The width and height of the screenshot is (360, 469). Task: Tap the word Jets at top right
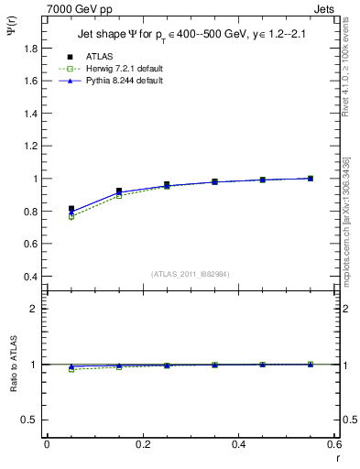click(x=326, y=7)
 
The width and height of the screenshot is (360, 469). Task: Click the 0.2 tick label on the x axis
click(x=142, y=444)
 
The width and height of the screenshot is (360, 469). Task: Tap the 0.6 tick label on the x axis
click(x=333, y=444)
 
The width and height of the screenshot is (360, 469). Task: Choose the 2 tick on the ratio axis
click(x=38, y=309)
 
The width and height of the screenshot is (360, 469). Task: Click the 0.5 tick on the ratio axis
click(x=34, y=420)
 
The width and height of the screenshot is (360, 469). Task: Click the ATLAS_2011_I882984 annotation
click(x=191, y=273)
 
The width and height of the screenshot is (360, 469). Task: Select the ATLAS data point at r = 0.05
click(x=71, y=209)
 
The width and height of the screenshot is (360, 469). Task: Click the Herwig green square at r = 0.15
click(x=119, y=196)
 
